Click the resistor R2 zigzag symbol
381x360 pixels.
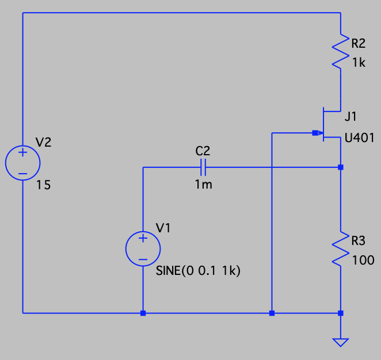click(x=341, y=52)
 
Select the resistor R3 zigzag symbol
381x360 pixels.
click(x=341, y=249)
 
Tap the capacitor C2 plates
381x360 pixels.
click(x=203, y=167)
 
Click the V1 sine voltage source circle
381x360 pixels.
click(x=143, y=249)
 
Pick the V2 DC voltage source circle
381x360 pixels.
click(x=22, y=163)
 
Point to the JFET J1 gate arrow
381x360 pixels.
click(x=317, y=133)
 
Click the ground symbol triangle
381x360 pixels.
click(x=341, y=342)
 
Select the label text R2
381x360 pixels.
click(x=358, y=43)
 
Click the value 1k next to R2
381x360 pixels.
click(x=358, y=63)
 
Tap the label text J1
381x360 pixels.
click(x=351, y=117)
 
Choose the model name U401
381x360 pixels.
click(x=360, y=138)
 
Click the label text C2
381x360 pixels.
click(x=203, y=151)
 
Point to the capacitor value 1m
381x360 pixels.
click(x=203, y=185)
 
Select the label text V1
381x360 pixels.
click(x=164, y=228)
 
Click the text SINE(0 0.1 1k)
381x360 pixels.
click(x=197, y=271)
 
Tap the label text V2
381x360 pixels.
click(x=43, y=142)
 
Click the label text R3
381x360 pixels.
click(x=358, y=240)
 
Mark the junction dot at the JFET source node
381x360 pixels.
click(x=341, y=167)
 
